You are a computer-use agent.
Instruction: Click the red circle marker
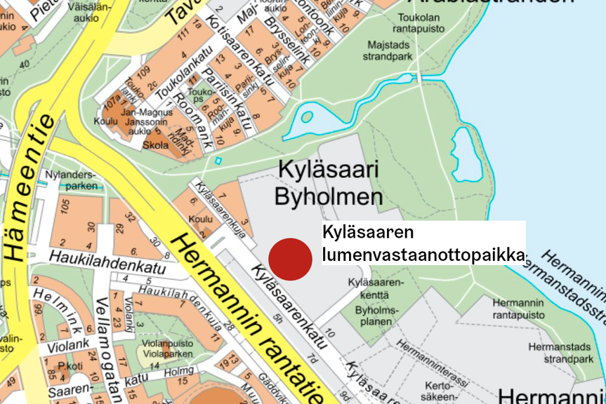tap(291, 259)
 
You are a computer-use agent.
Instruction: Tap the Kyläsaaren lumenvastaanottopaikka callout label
tap(423, 243)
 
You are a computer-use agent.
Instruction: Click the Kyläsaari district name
tap(329, 170)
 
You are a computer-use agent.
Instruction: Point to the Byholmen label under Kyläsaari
tap(329, 197)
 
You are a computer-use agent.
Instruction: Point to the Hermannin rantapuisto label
tap(518, 309)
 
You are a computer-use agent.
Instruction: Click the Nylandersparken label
tap(69, 180)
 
